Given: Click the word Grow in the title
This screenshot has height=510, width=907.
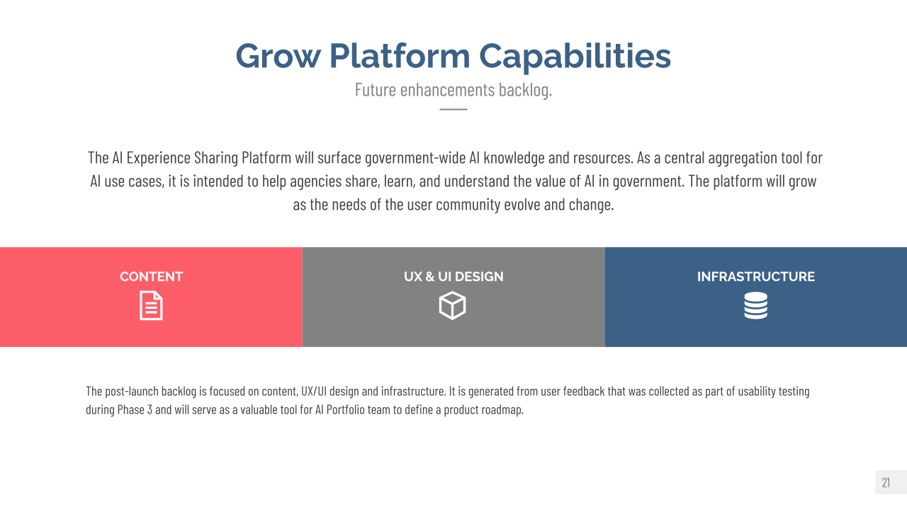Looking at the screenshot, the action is click(x=278, y=56).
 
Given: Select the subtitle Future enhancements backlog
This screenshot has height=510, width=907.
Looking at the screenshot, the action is click(x=453, y=90).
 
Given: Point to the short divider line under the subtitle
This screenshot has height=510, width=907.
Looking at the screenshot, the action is click(x=453, y=109).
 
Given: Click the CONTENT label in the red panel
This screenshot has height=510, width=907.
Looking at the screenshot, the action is click(x=152, y=277).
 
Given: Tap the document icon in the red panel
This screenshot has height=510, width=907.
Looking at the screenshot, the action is click(x=152, y=305).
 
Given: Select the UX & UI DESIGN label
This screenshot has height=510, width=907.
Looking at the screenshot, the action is click(x=453, y=277).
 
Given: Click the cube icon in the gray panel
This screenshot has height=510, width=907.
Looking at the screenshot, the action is click(x=452, y=305).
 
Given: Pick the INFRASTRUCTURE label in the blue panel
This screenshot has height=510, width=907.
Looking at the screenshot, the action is click(x=756, y=277).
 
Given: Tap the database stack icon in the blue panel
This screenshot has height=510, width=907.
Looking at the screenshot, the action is click(x=756, y=305).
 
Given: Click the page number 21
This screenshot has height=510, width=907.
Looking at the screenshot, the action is click(x=886, y=483).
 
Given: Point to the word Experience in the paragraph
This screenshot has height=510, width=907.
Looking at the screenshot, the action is click(x=158, y=158).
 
